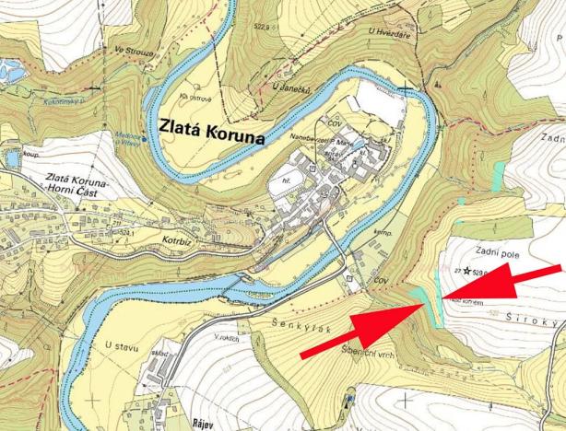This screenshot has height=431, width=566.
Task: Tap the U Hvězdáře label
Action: (x=386, y=33)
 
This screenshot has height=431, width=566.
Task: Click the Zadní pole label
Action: (x=499, y=250)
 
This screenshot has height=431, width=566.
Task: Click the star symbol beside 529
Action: (x=469, y=271)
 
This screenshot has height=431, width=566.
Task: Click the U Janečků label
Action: (x=288, y=87)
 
